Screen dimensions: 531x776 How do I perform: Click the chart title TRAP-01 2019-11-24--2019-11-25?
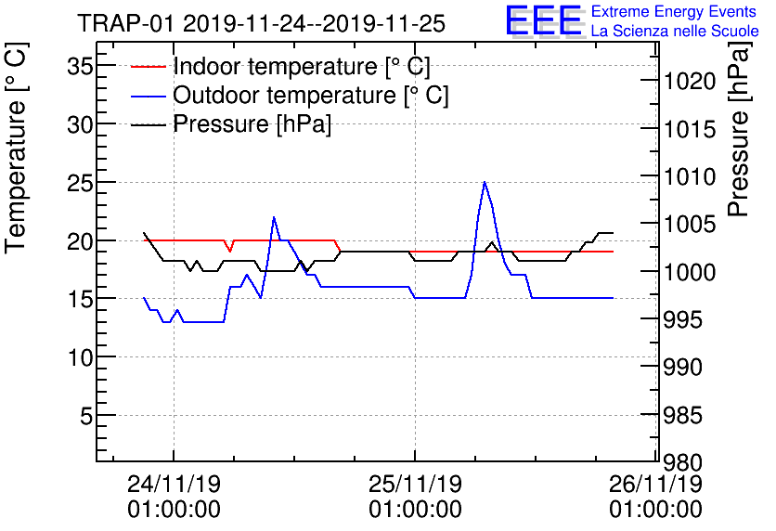point(261,22)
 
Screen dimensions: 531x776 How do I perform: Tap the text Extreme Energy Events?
point(675,12)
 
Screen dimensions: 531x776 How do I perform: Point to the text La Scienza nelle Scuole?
point(675,31)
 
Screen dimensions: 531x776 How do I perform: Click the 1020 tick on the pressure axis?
point(689,82)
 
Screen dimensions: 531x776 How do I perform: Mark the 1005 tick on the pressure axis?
point(689,225)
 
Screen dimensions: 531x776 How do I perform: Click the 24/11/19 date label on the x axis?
point(174,485)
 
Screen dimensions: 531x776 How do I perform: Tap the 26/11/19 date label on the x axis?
point(656,485)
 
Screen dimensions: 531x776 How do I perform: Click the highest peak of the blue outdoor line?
point(485,182)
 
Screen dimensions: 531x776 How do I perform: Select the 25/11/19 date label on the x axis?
point(415,485)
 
